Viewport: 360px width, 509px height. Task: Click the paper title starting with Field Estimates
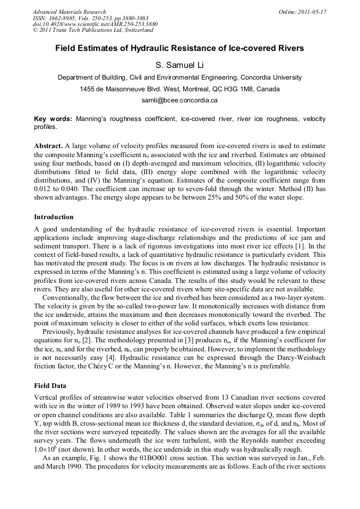coord(179,48)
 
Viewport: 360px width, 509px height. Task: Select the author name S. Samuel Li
coord(179,65)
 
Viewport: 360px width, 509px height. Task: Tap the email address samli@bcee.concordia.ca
coord(179,100)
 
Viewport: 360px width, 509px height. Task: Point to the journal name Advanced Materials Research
coord(69,12)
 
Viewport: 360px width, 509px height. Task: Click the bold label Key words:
coord(53,119)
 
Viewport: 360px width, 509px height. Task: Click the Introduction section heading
coord(54,217)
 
